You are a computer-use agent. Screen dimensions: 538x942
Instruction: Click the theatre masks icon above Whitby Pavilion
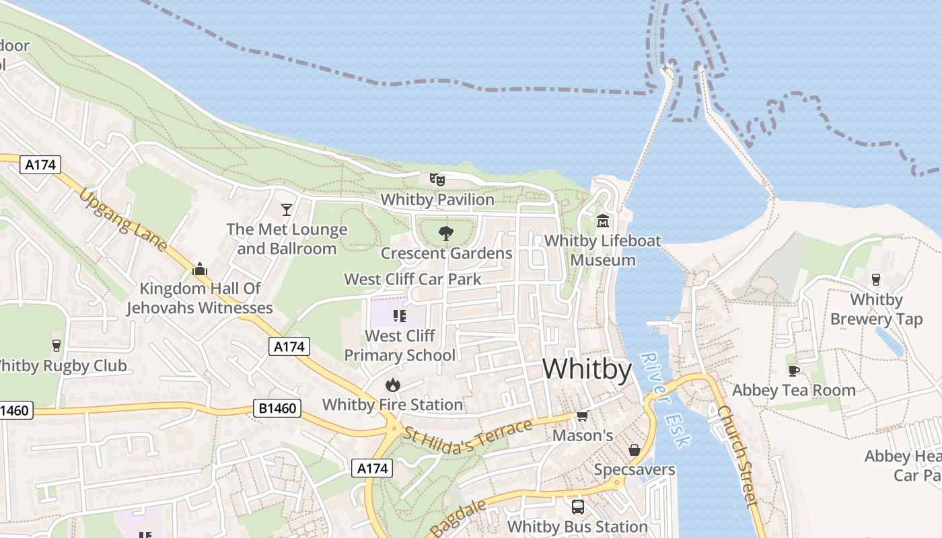coord(437,180)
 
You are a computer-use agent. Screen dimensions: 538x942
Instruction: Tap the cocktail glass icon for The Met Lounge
coord(287,210)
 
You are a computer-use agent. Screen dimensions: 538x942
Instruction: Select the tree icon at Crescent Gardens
coord(445,233)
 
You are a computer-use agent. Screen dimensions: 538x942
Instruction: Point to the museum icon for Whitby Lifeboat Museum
coord(602,221)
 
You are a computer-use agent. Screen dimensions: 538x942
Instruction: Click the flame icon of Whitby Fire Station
coord(392,385)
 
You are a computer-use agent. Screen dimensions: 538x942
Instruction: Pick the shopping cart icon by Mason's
coord(583,416)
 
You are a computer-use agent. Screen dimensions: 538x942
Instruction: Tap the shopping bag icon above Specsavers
coord(634,449)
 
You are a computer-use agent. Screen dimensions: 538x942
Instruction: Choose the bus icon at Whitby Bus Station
coord(577,506)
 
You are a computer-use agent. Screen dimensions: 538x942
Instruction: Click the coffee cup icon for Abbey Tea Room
coord(794,370)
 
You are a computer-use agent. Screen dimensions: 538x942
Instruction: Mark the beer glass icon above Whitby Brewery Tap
coord(875,279)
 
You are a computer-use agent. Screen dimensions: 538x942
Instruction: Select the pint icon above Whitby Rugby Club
coord(57,346)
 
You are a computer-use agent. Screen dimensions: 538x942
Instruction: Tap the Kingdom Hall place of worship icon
coord(199,269)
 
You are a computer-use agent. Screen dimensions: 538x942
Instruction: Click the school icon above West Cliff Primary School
coord(400,315)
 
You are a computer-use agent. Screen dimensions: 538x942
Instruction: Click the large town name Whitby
coord(587,370)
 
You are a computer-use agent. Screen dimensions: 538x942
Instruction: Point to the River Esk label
coord(665,399)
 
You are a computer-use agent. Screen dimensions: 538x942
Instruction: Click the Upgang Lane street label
coord(123,219)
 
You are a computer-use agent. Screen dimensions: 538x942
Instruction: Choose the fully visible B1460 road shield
coord(277,408)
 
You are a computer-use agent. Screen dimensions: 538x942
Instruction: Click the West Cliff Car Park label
coord(412,279)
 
